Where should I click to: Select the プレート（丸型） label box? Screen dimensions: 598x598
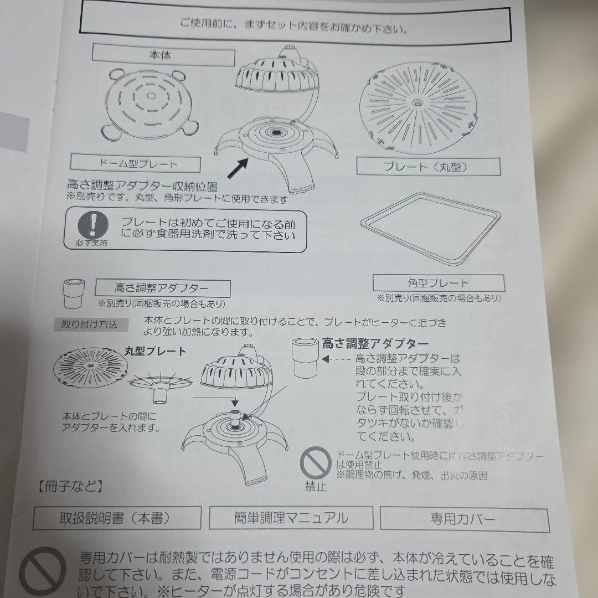(428, 166)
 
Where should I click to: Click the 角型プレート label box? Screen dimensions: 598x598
(438, 283)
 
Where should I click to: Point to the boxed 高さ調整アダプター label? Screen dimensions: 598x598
(162, 288)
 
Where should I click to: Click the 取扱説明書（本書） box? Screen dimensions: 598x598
(117, 518)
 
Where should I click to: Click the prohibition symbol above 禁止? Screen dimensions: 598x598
(315, 463)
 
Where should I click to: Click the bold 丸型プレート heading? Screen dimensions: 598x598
(154, 351)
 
